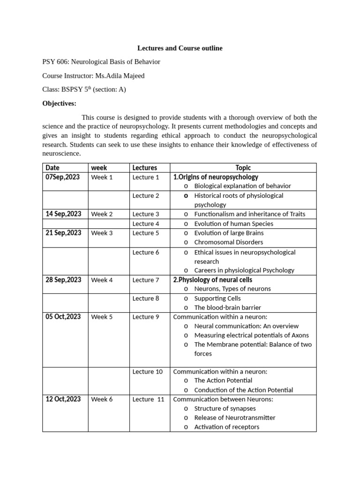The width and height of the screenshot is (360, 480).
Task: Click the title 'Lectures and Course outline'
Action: tap(180, 48)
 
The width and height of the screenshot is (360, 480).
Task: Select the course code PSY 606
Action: tap(55, 62)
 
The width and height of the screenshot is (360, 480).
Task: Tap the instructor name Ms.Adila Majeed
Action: tap(120, 76)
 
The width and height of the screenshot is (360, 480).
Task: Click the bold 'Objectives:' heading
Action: tap(59, 103)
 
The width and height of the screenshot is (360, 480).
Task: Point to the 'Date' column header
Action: tap(52, 168)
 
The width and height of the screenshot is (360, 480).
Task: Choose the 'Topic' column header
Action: tap(243, 168)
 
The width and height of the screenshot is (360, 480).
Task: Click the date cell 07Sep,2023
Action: tap(63, 177)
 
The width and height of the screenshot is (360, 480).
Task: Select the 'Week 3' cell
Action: tap(102, 233)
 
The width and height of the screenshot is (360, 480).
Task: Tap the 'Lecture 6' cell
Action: tap(146, 252)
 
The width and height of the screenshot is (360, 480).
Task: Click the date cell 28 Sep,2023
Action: tap(63, 280)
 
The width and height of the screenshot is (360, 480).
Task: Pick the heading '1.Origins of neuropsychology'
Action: tap(216, 177)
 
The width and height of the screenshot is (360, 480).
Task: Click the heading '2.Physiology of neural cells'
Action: tap(212, 280)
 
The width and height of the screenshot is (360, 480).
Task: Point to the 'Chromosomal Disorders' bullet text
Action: tap(228, 242)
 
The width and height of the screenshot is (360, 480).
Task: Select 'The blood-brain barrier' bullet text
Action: tap(227, 307)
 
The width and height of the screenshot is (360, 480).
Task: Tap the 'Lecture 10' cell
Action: tap(148, 372)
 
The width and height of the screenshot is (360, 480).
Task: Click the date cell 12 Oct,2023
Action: tap(63, 399)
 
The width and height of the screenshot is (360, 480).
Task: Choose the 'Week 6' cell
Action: tap(102, 399)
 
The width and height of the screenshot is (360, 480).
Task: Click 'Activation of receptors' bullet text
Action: tap(226, 427)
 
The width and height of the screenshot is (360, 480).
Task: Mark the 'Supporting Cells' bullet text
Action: tap(217, 298)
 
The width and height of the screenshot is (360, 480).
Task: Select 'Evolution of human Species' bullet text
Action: tap(233, 224)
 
